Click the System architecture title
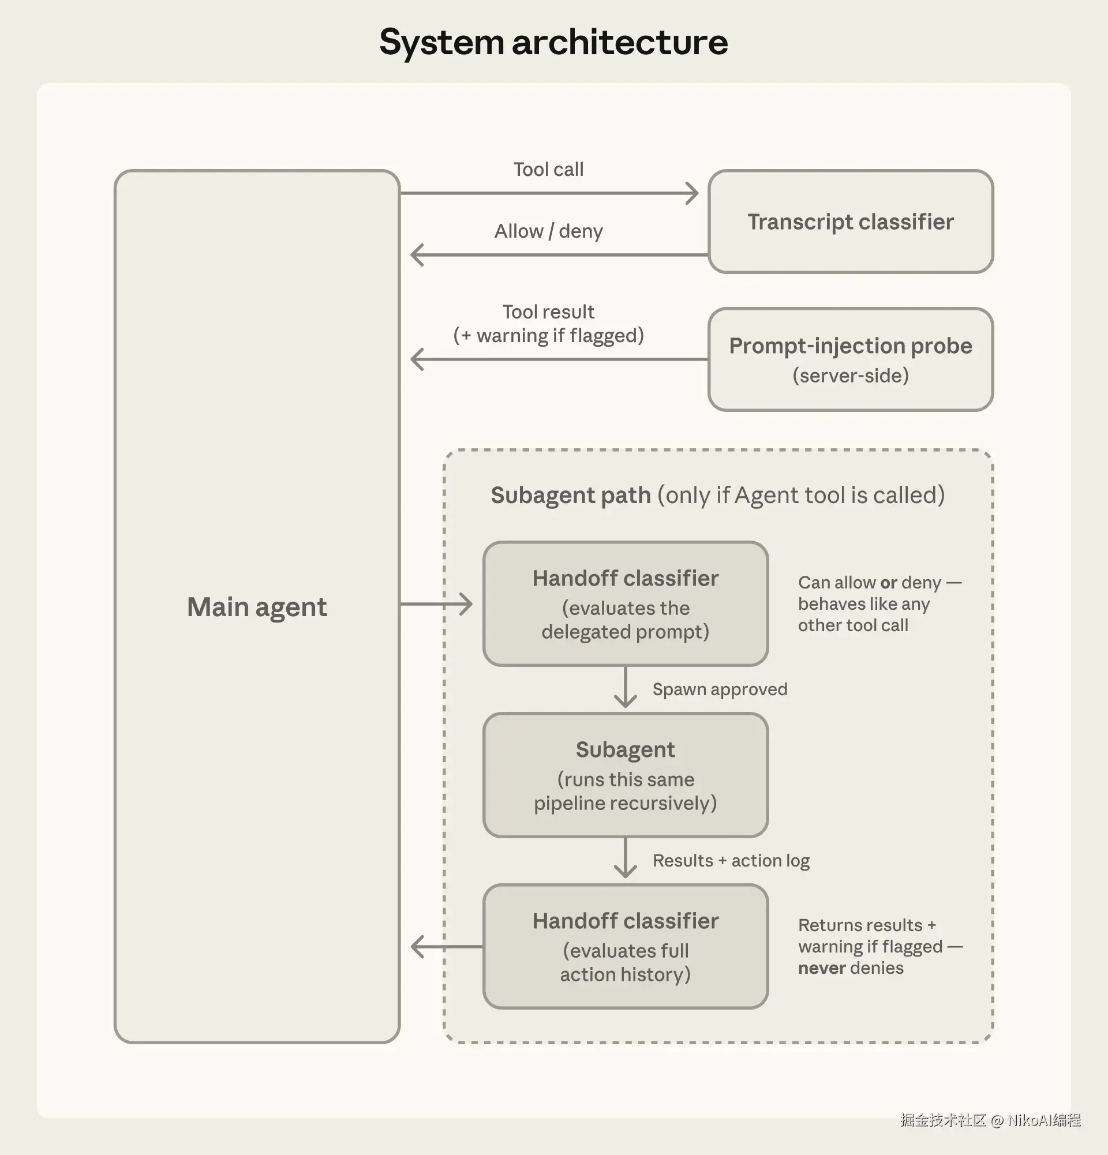[x=553, y=43]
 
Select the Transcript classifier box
[x=850, y=222]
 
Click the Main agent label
[x=256, y=607]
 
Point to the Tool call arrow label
[x=548, y=170]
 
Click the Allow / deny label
[x=548, y=231]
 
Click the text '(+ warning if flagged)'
[x=548, y=336]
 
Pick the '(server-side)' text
[x=850, y=376]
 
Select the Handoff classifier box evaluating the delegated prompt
[x=625, y=603]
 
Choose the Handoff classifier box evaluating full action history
[x=625, y=946]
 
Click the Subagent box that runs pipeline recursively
[x=625, y=775]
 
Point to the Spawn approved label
[x=720, y=689]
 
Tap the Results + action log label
[x=731, y=861]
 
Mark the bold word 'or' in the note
[x=888, y=583]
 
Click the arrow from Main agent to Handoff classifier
[x=436, y=604]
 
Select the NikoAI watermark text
[x=1043, y=1120]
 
